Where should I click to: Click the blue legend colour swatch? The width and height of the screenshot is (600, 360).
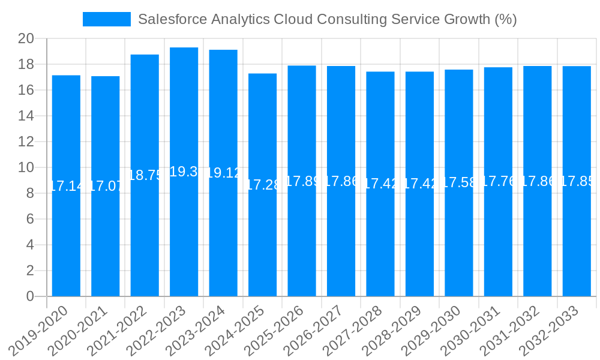click(106, 19)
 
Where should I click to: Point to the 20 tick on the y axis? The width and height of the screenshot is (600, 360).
click(26, 39)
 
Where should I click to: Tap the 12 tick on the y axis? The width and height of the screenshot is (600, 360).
click(26, 142)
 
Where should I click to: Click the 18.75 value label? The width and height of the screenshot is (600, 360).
click(145, 175)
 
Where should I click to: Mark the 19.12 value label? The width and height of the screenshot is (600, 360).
click(223, 173)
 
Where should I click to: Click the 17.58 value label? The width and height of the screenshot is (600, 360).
click(459, 182)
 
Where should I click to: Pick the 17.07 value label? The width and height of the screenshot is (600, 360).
click(106, 186)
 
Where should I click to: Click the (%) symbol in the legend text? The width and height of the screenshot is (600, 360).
click(505, 19)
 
